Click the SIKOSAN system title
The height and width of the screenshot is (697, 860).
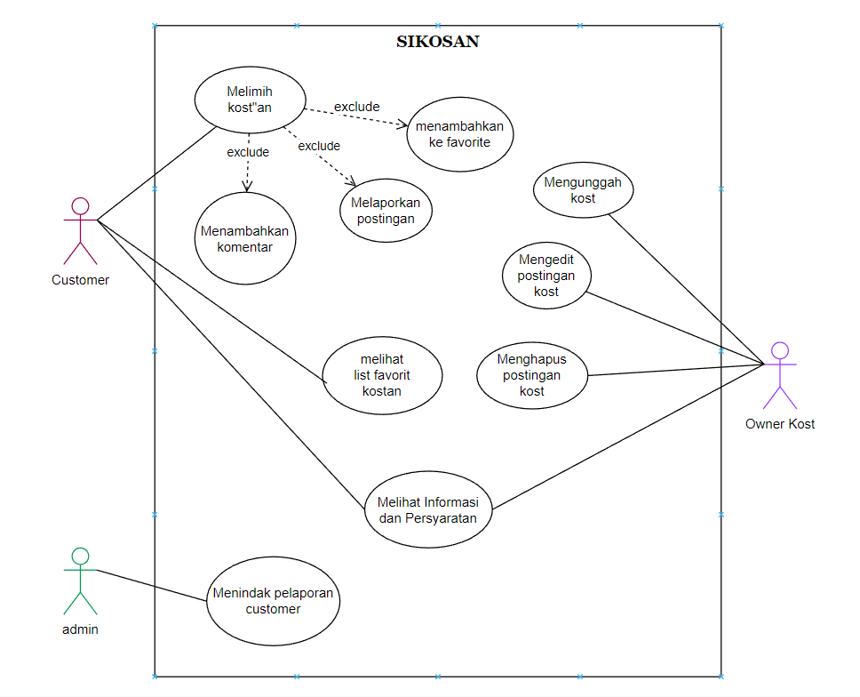pos(437,42)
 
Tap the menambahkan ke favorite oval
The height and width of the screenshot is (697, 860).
pos(459,133)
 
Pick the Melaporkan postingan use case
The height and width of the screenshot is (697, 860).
pos(386,211)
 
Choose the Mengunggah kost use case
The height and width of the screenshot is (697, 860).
pos(583,190)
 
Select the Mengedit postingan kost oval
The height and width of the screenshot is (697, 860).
pos(546,276)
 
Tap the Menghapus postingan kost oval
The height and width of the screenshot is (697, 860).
pos(532,375)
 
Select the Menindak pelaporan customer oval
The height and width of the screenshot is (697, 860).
pos(274,601)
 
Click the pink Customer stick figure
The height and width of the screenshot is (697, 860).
pos(80,231)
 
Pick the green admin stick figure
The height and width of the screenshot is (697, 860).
pos(80,581)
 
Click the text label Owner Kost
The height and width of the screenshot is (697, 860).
pos(780,424)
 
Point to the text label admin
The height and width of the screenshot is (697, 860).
pos(80,629)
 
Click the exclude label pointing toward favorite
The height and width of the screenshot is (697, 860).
pos(356,108)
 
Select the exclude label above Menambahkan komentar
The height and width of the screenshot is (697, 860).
pos(248,152)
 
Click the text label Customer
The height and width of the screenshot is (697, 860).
pos(80,280)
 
